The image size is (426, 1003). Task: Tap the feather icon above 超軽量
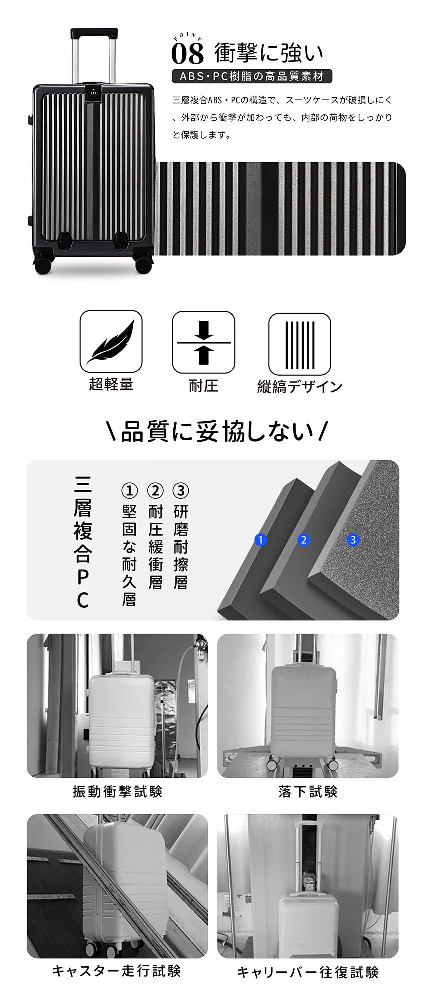click(x=111, y=342)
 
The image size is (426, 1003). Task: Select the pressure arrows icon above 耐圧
click(x=203, y=342)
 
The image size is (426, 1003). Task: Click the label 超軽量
click(x=111, y=384)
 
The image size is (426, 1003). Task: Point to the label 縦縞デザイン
click(x=300, y=386)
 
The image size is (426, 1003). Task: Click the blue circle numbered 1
click(x=260, y=540)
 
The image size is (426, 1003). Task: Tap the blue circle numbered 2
click(x=304, y=540)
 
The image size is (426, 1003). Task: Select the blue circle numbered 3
click(x=354, y=540)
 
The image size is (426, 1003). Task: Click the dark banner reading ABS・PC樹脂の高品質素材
click(x=252, y=76)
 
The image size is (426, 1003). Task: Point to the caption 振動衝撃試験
click(x=117, y=791)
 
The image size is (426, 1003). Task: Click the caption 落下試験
click(x=308, y=791)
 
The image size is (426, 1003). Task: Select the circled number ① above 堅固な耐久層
click(x=129, y=491)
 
